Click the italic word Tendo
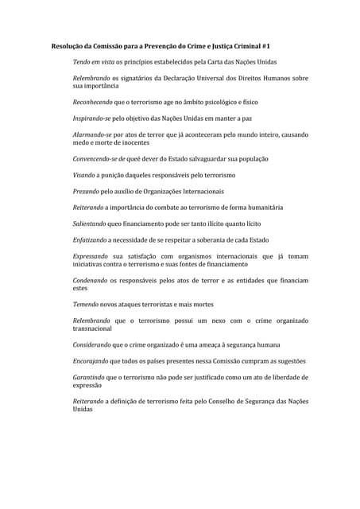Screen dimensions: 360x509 (x=82, y=61)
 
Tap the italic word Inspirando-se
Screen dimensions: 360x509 (x=91, y=119)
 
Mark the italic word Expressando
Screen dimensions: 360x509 (x=91, y=257)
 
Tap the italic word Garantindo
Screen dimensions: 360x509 (x=89, y=377)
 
